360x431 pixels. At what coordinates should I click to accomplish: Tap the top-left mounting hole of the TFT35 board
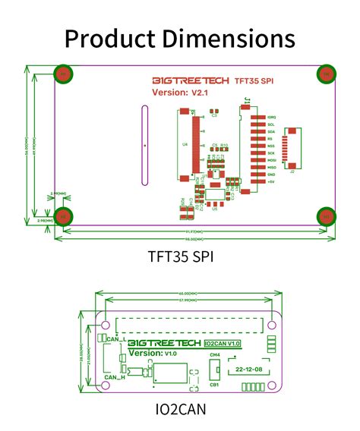pos(65,74)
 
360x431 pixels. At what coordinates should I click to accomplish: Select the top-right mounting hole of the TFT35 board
pos(326,74)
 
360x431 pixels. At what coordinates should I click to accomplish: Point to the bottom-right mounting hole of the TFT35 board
pos(326,216)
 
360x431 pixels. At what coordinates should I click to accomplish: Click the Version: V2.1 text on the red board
pos(180,93)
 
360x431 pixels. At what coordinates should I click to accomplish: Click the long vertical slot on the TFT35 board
pos(143,145)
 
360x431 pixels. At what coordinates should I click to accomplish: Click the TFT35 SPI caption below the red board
pos(180,256)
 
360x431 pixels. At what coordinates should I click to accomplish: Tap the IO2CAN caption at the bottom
pos(179,410)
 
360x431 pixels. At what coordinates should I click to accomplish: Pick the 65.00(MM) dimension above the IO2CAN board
pos(188,293)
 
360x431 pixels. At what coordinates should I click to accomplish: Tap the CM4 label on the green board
pos(215,354)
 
